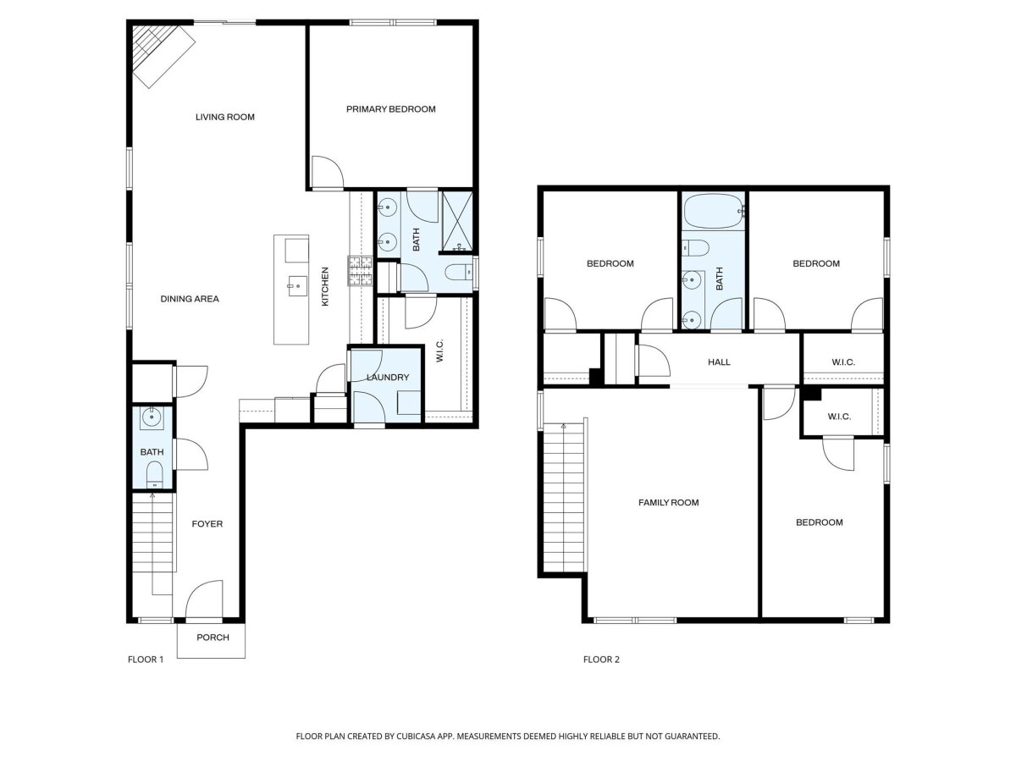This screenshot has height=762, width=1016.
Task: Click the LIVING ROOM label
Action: pos(225,117)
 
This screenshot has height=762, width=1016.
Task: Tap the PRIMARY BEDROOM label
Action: pos(390,109)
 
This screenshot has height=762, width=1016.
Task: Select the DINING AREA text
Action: pos(190,299)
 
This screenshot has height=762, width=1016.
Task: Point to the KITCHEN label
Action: pos(325,286)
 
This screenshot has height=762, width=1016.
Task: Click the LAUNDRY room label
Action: pos(388,378)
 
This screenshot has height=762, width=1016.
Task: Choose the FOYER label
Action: pos(207,524)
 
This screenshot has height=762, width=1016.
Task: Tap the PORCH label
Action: pos(213,638)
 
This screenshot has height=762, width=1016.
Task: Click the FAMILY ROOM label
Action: pos(668,502)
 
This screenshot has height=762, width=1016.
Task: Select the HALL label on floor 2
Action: pos(719,362)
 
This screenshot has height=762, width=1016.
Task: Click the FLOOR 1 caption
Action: pos(146,660)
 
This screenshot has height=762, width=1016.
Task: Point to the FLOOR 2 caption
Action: pos(601,660)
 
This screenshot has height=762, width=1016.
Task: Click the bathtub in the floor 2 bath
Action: pos(713,212)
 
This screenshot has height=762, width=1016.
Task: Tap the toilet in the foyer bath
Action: pos(155,475)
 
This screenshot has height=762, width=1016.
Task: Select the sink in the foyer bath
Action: pos(152,418)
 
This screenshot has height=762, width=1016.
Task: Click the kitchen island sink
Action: pos(296,286)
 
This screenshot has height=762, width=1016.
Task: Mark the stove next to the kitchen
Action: pos(360,271)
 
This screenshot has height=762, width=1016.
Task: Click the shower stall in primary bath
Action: pos(457,223)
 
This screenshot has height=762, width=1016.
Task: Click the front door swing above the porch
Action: pos(204,599)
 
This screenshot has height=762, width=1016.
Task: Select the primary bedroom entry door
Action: pos(328,172)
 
